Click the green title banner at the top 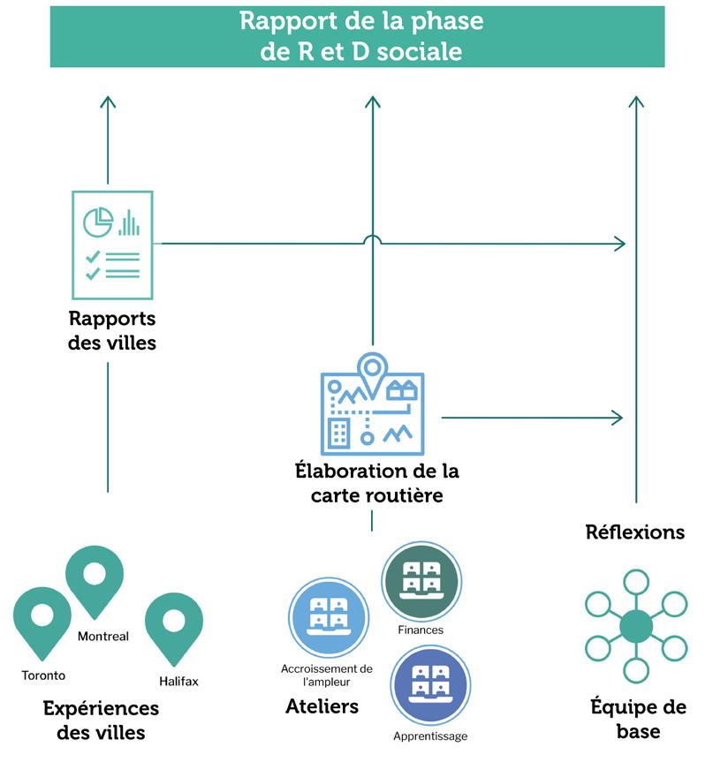coord(357,36)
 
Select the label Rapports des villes coord(112,330)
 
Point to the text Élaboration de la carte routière coord(376,483)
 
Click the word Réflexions coord(634,532)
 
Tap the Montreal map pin coord(95,578)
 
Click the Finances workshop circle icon coord(421,580)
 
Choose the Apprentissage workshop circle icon coord(430,685)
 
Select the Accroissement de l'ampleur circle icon coord(329,616)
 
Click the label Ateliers coord(322,706)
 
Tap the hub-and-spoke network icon coord(635,627)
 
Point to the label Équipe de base coord(638,719)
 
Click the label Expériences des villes coord(101,720)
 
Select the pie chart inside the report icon coord(98,222)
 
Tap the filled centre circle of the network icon coord(635,627)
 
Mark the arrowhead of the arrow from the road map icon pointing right coord(619,417)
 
